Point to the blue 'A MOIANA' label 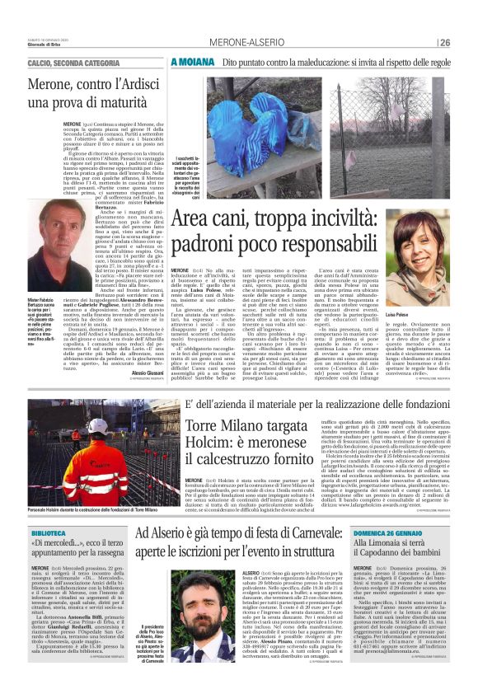pos(192,61)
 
